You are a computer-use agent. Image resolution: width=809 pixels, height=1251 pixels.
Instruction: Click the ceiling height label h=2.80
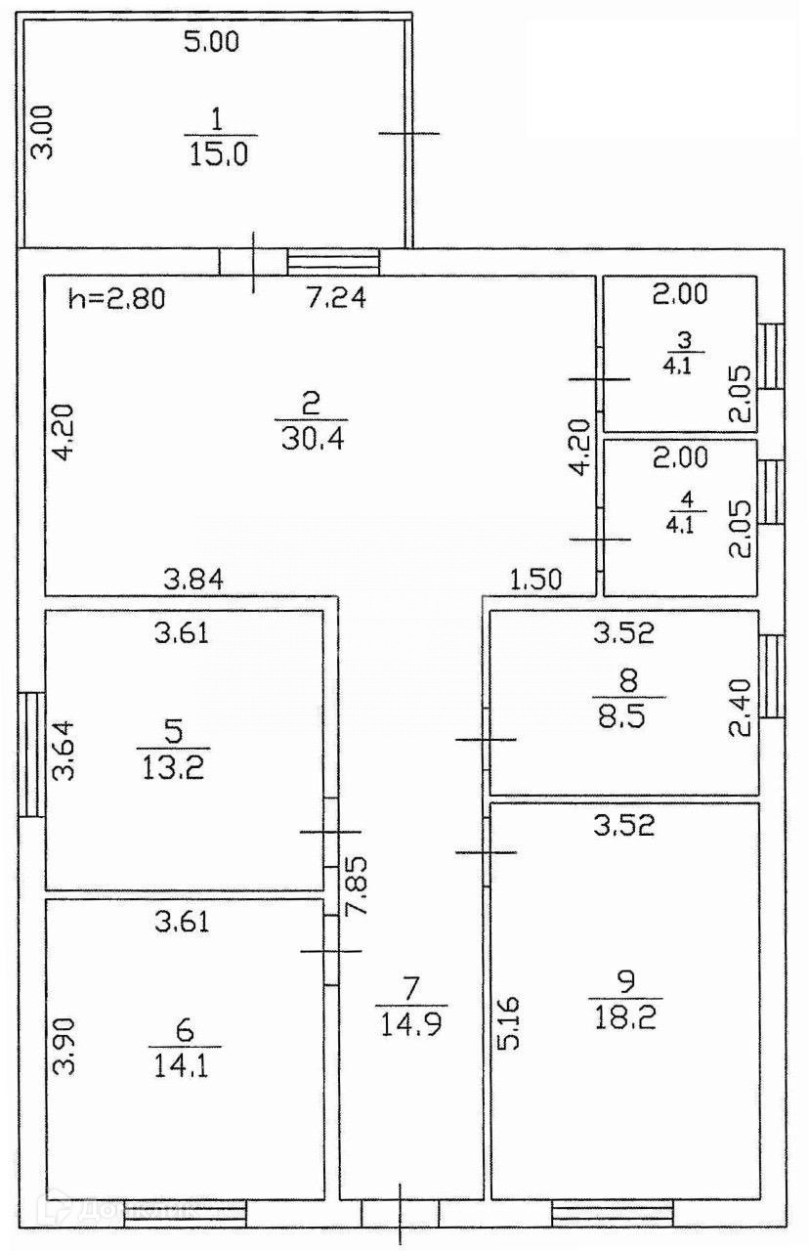[x=117, y=297]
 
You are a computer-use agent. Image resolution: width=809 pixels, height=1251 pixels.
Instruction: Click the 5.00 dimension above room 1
[x=212, y=42]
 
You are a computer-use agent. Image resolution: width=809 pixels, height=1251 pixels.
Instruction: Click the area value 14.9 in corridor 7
[x=411, y=1023]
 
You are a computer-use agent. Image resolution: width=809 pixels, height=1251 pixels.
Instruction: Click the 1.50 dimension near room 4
[x=537, y=579]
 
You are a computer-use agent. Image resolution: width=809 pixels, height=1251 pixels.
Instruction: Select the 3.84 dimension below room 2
[x=193, y=579]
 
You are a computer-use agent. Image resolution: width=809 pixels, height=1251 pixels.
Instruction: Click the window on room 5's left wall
[x=32, y=754]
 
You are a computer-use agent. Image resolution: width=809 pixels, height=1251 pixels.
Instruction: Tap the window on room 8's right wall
[x=772, y=676]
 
